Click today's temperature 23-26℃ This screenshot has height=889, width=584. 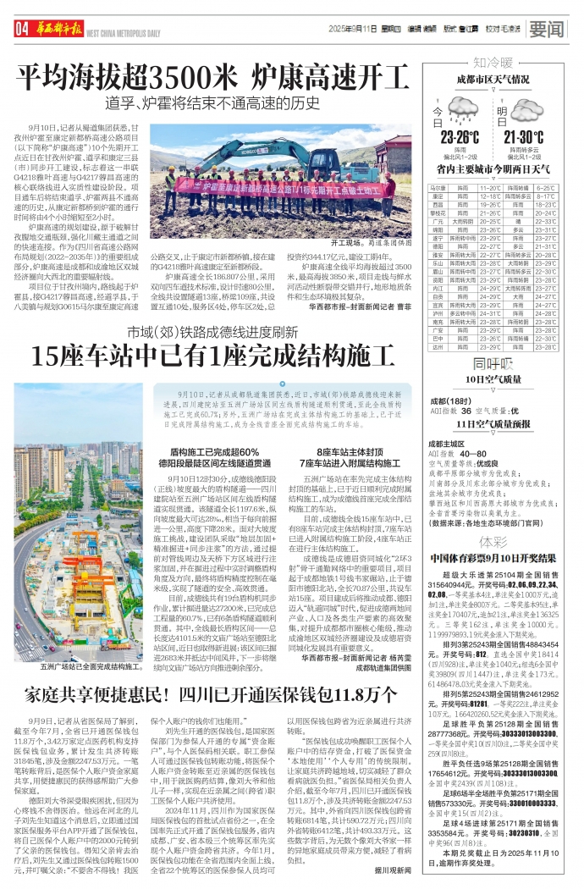pyautogui.click(x=460, y=137)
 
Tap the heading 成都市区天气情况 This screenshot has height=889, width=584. pyautogui.click(x=493, y=80)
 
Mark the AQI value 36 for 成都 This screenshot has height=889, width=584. pyautogui.click(x=465, y=410)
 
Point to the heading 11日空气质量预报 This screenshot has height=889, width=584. pyautogui.click(x=493, y=423)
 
